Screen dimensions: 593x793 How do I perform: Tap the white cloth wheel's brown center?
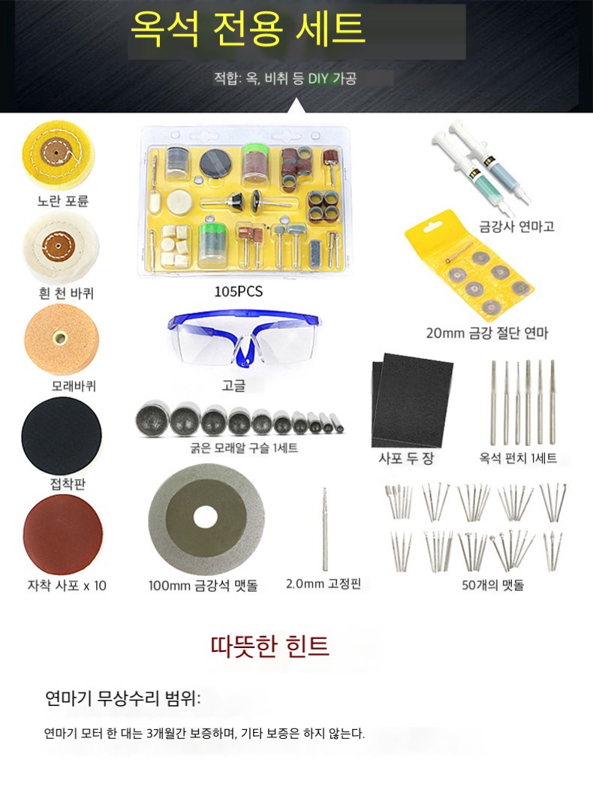click(58, 246)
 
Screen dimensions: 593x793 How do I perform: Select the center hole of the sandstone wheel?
click(61, 337)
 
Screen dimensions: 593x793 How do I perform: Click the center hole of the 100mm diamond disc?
click(204, 519)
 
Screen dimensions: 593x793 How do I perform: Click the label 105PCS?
click(239, 291)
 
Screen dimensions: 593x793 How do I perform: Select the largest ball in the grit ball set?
click(152, 418)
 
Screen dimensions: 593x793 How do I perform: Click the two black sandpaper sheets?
click(411, 400)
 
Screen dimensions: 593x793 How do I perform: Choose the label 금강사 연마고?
click(516, 226)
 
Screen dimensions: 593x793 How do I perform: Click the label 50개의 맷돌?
click(493, 585)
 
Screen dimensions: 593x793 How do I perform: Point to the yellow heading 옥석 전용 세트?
click(248, 28)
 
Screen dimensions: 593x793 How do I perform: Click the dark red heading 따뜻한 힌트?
click(269, 646)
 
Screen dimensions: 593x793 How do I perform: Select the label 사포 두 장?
click(406, 458)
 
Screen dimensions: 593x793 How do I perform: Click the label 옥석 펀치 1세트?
click(518, 458)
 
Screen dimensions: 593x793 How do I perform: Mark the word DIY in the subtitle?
click(318, 78)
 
